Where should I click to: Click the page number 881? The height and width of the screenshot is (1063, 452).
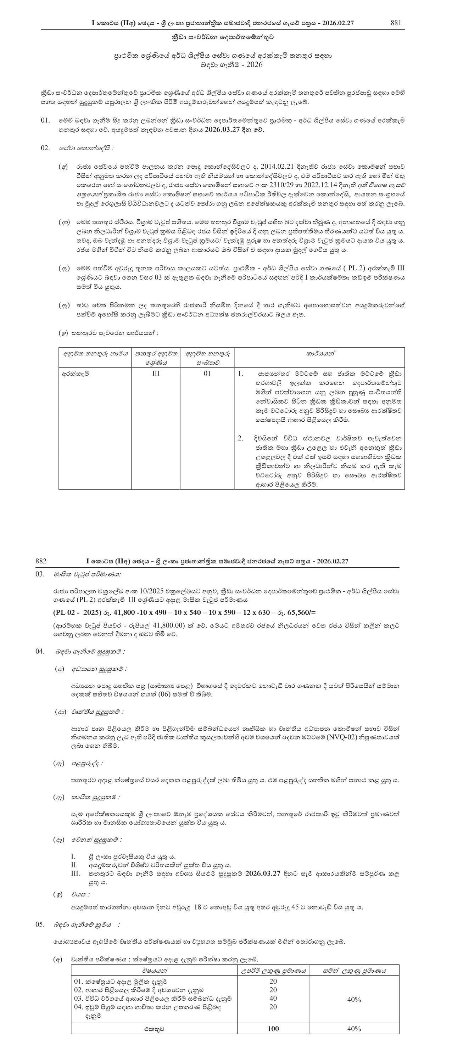(x=396, y=23)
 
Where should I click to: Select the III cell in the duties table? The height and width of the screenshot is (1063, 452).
(x=156, y=373)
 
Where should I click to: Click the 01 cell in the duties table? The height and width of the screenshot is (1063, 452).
(x=207, y=373)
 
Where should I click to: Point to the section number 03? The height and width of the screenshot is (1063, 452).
(x=40, y=574)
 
